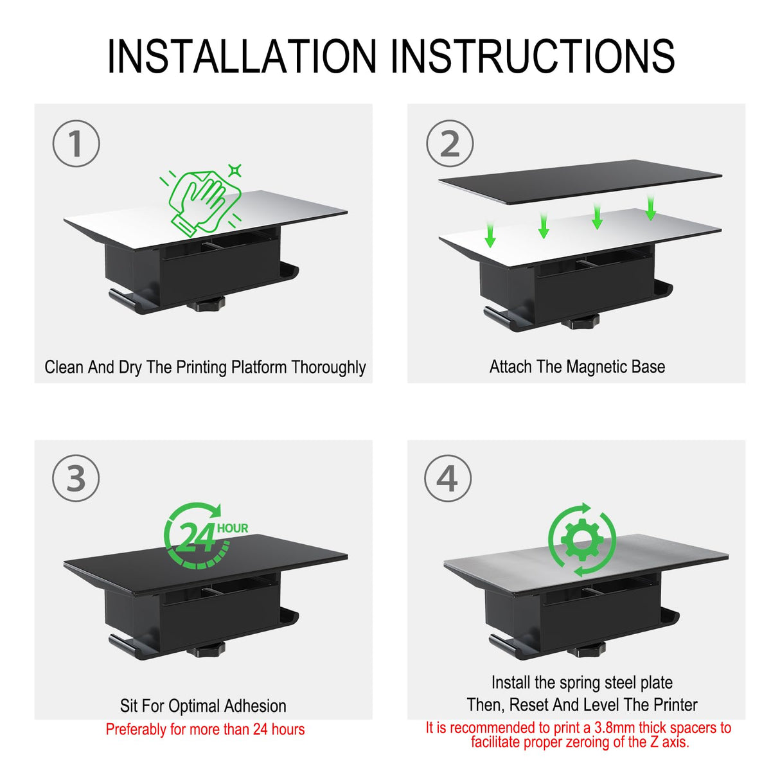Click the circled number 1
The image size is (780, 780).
[76, 143]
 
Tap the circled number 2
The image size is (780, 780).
[450, 143]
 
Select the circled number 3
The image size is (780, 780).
[76, 479]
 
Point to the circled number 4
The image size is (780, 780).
[448, 479]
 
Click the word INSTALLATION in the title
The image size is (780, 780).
[242, 57]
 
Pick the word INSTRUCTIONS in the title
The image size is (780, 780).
[533, 57]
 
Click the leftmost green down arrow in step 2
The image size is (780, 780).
[490, 234]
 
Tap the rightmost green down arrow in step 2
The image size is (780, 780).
[650, 208]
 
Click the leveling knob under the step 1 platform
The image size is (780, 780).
[207, 303]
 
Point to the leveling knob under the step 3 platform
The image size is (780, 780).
[207, 651]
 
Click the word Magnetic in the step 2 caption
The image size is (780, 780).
[596, 367]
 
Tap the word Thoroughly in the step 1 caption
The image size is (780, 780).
[328, 368]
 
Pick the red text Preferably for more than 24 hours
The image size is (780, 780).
[205, 729]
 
